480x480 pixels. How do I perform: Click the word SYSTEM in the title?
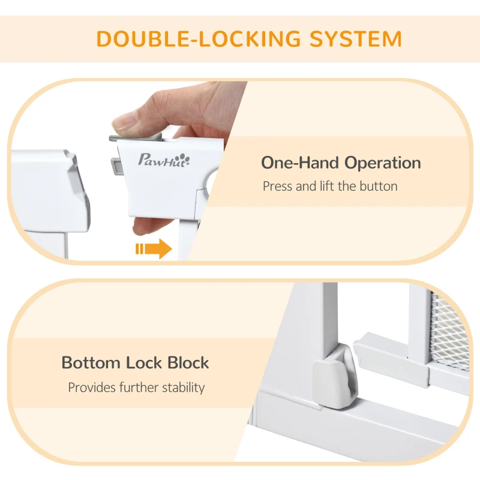click(x=355, y=38)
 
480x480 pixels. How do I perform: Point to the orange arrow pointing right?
click(x=154, y=248)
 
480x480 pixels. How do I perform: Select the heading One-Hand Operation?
click(x=340, y=163)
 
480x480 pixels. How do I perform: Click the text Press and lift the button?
click(x=330, y=186)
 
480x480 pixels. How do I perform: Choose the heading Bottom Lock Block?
click(x=135, y=362)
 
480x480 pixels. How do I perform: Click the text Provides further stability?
click(x=136, y=387)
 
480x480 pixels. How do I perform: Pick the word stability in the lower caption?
click(x=182, y=387)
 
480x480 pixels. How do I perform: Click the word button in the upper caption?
click(x=378, y=186)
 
